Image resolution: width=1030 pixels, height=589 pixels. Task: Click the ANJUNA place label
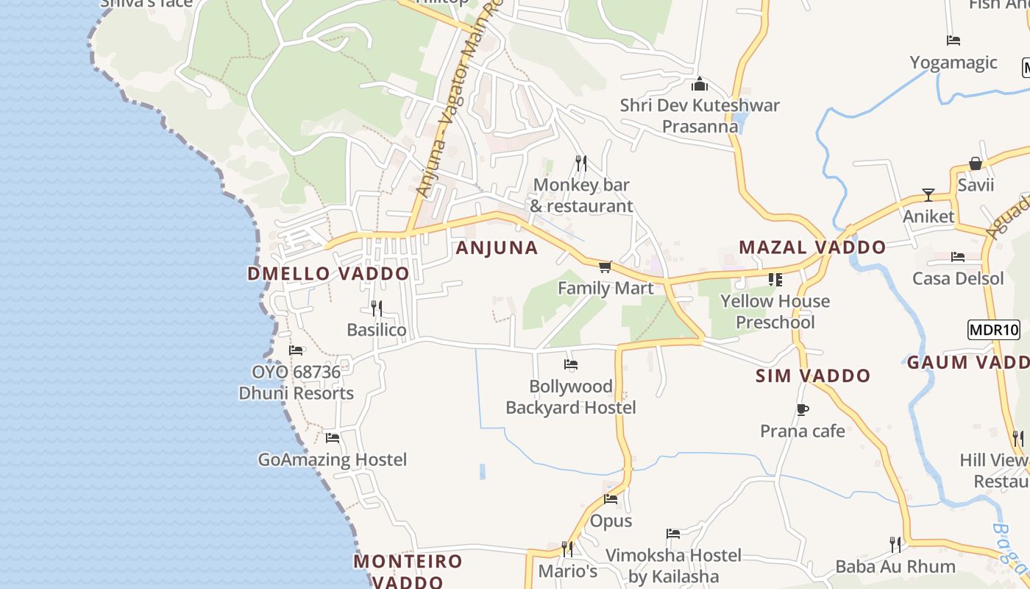click(497, 247)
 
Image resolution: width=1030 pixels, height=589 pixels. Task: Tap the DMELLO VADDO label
click(328, 274)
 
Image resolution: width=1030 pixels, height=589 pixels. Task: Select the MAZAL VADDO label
click(812, 247)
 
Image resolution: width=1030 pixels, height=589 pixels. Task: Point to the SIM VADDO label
click(813, 375)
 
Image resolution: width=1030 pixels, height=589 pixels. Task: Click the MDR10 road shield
click(994, 329)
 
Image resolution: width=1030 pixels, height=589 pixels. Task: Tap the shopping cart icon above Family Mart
click(605, 267)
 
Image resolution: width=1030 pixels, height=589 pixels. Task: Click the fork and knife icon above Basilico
click(377, 308)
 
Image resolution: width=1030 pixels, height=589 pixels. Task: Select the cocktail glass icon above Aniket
click(928, 195)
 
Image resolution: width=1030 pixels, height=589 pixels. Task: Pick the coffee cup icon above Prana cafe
click(802, 409)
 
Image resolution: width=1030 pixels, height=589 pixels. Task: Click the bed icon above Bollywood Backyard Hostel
click(570, 364)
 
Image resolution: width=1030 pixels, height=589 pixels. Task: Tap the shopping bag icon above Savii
click(976, 163)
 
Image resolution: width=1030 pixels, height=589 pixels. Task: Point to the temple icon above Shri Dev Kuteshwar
click(699, 84)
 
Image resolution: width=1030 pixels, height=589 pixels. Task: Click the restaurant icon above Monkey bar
click(581, 163)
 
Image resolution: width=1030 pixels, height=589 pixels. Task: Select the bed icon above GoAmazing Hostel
click(333, 438)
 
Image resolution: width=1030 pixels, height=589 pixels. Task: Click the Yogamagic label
click(953, 63)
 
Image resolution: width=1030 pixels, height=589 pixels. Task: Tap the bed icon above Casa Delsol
click(958, 257)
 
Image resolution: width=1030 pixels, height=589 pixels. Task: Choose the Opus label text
click(611, 521)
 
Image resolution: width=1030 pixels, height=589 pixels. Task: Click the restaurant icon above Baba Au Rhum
click(895, 545)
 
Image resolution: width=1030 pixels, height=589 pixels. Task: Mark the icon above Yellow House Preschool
click(775, 280)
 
